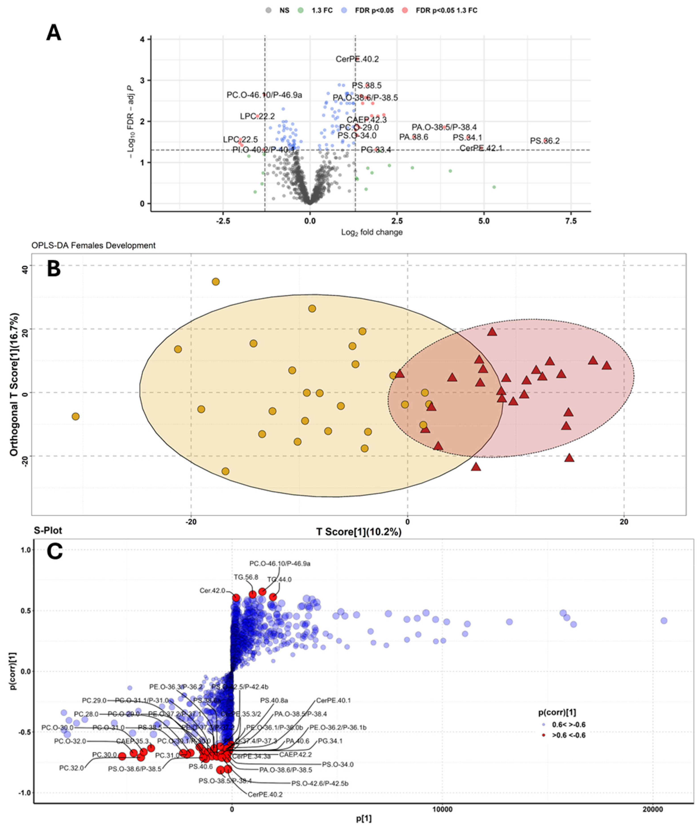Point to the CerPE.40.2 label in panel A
[x=357, y=59]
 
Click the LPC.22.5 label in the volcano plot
[x=240, y=140]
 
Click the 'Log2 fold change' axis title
[x=372, y=232]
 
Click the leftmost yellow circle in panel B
[x=75, y=416]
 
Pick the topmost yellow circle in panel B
[x=215, y=282]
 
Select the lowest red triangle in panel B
[x=476, y=467]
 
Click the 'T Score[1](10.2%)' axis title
[x=359, y=532]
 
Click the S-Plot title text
[x=48, y=530]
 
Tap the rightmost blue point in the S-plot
[x=664, y=621]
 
